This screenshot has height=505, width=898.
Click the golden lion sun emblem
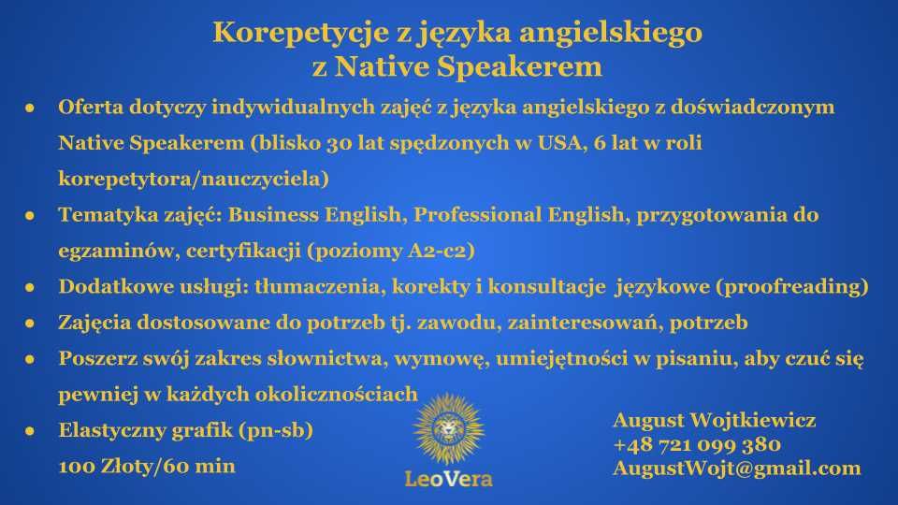[x=448, y=429]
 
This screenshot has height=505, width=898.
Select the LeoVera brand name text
[x=448, y=479]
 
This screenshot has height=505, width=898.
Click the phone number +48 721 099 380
[x=697, y=444]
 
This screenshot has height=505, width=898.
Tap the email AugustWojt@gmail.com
[x=736, y=469]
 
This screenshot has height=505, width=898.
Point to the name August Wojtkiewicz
[x=714, y=420]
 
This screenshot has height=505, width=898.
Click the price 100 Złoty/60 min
[x=147, y=466]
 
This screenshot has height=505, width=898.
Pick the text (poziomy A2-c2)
[x=391, y=251]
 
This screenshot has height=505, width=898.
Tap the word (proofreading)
[x=792, y=286]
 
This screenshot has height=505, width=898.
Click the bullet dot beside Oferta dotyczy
[x=30, y=108]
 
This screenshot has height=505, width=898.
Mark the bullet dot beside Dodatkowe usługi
[x=30, y=287]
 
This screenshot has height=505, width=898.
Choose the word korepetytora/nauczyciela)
[x=194, y=179]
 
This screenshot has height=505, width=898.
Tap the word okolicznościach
[x=336, y=394]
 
